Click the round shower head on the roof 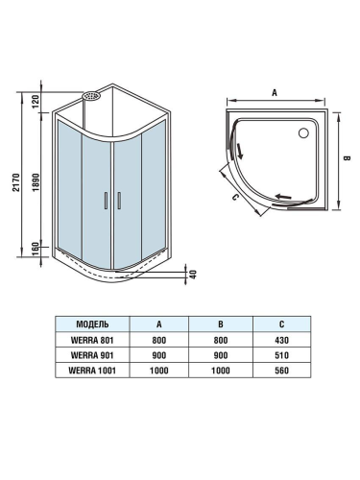tap(92, 96)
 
